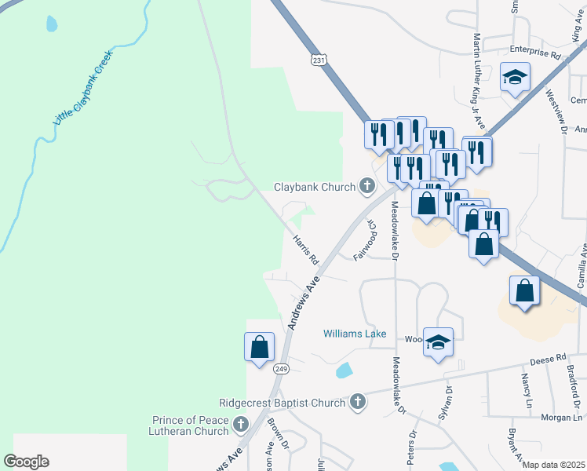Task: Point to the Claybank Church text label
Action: (315, 188)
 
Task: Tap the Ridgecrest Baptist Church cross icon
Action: (357, 403)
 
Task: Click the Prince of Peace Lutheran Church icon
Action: (240, 425)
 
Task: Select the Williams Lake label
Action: (355, 334)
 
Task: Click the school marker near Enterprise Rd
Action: (516, 78)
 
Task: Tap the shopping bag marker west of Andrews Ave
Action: (260, 348)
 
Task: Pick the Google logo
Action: (26, 462)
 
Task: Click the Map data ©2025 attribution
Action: (553, 465)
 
